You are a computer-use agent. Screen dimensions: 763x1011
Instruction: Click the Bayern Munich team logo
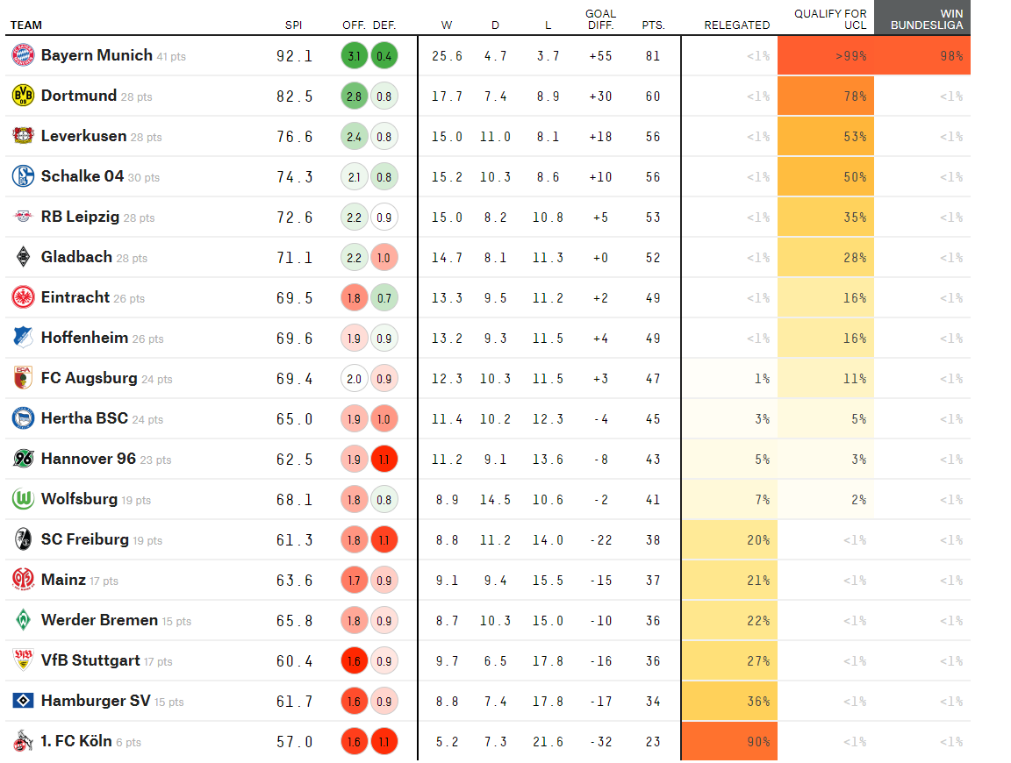tap(23, 55)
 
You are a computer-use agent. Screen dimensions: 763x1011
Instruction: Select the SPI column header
tap(294, 25)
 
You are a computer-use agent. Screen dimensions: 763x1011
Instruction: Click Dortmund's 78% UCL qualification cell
tap(826, 96)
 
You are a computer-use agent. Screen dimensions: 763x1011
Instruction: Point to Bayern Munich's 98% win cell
tap(922, 56)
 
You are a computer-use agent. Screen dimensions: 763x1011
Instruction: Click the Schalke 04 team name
tap(82, 176)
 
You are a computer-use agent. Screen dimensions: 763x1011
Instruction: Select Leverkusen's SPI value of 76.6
tap(295, 137)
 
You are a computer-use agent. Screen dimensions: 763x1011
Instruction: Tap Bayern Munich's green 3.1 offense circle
tap(354, 56)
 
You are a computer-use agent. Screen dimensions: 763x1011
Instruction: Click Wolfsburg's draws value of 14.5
tap(495, 500)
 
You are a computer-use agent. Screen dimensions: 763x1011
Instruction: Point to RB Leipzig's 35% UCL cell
tap(826, 217)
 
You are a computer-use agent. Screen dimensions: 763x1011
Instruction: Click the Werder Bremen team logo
tap(23, 621)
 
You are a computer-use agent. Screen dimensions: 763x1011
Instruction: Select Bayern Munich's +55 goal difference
tap(600, 56)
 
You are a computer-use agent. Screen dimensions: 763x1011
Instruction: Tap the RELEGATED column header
tap(736, 25)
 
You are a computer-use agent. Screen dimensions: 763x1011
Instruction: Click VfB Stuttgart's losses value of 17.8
tap(548, 661)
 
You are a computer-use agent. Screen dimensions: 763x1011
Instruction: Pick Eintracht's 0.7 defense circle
tap(384, 298)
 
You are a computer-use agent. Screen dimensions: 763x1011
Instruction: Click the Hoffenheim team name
tap(84, 338)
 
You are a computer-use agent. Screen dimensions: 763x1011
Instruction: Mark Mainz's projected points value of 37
tap(652, 581)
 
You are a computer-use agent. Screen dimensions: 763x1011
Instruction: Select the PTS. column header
tap(652, 25)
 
